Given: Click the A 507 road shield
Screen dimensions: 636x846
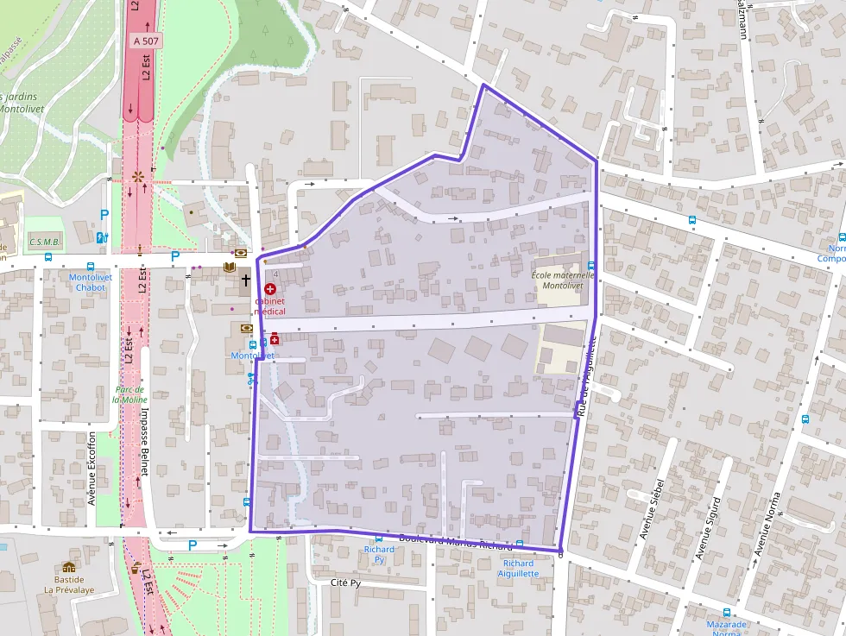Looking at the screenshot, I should pos(146,41).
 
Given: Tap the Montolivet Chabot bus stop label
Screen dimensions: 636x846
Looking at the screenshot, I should pos(90,282).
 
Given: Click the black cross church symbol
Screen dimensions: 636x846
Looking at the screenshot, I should pos(245,280).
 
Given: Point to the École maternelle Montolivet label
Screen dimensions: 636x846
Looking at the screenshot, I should pos(557,280).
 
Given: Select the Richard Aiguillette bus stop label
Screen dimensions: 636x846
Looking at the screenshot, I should pos(518,568).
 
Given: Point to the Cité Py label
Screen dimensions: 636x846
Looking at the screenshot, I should pos(345,582).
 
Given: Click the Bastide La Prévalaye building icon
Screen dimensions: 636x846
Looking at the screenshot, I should pos(68,567).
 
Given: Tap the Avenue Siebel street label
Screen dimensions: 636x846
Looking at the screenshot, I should pos(652,509).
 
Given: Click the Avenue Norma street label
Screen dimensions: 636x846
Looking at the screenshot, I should pos(767,523).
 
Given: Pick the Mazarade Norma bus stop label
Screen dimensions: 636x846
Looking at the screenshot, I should pos(726,627).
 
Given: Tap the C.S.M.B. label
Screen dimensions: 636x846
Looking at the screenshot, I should pos(43,242).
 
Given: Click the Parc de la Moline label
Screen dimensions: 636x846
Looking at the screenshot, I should pos(130,394).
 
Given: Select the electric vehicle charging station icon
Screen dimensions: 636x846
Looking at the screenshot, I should pos(101,237).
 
